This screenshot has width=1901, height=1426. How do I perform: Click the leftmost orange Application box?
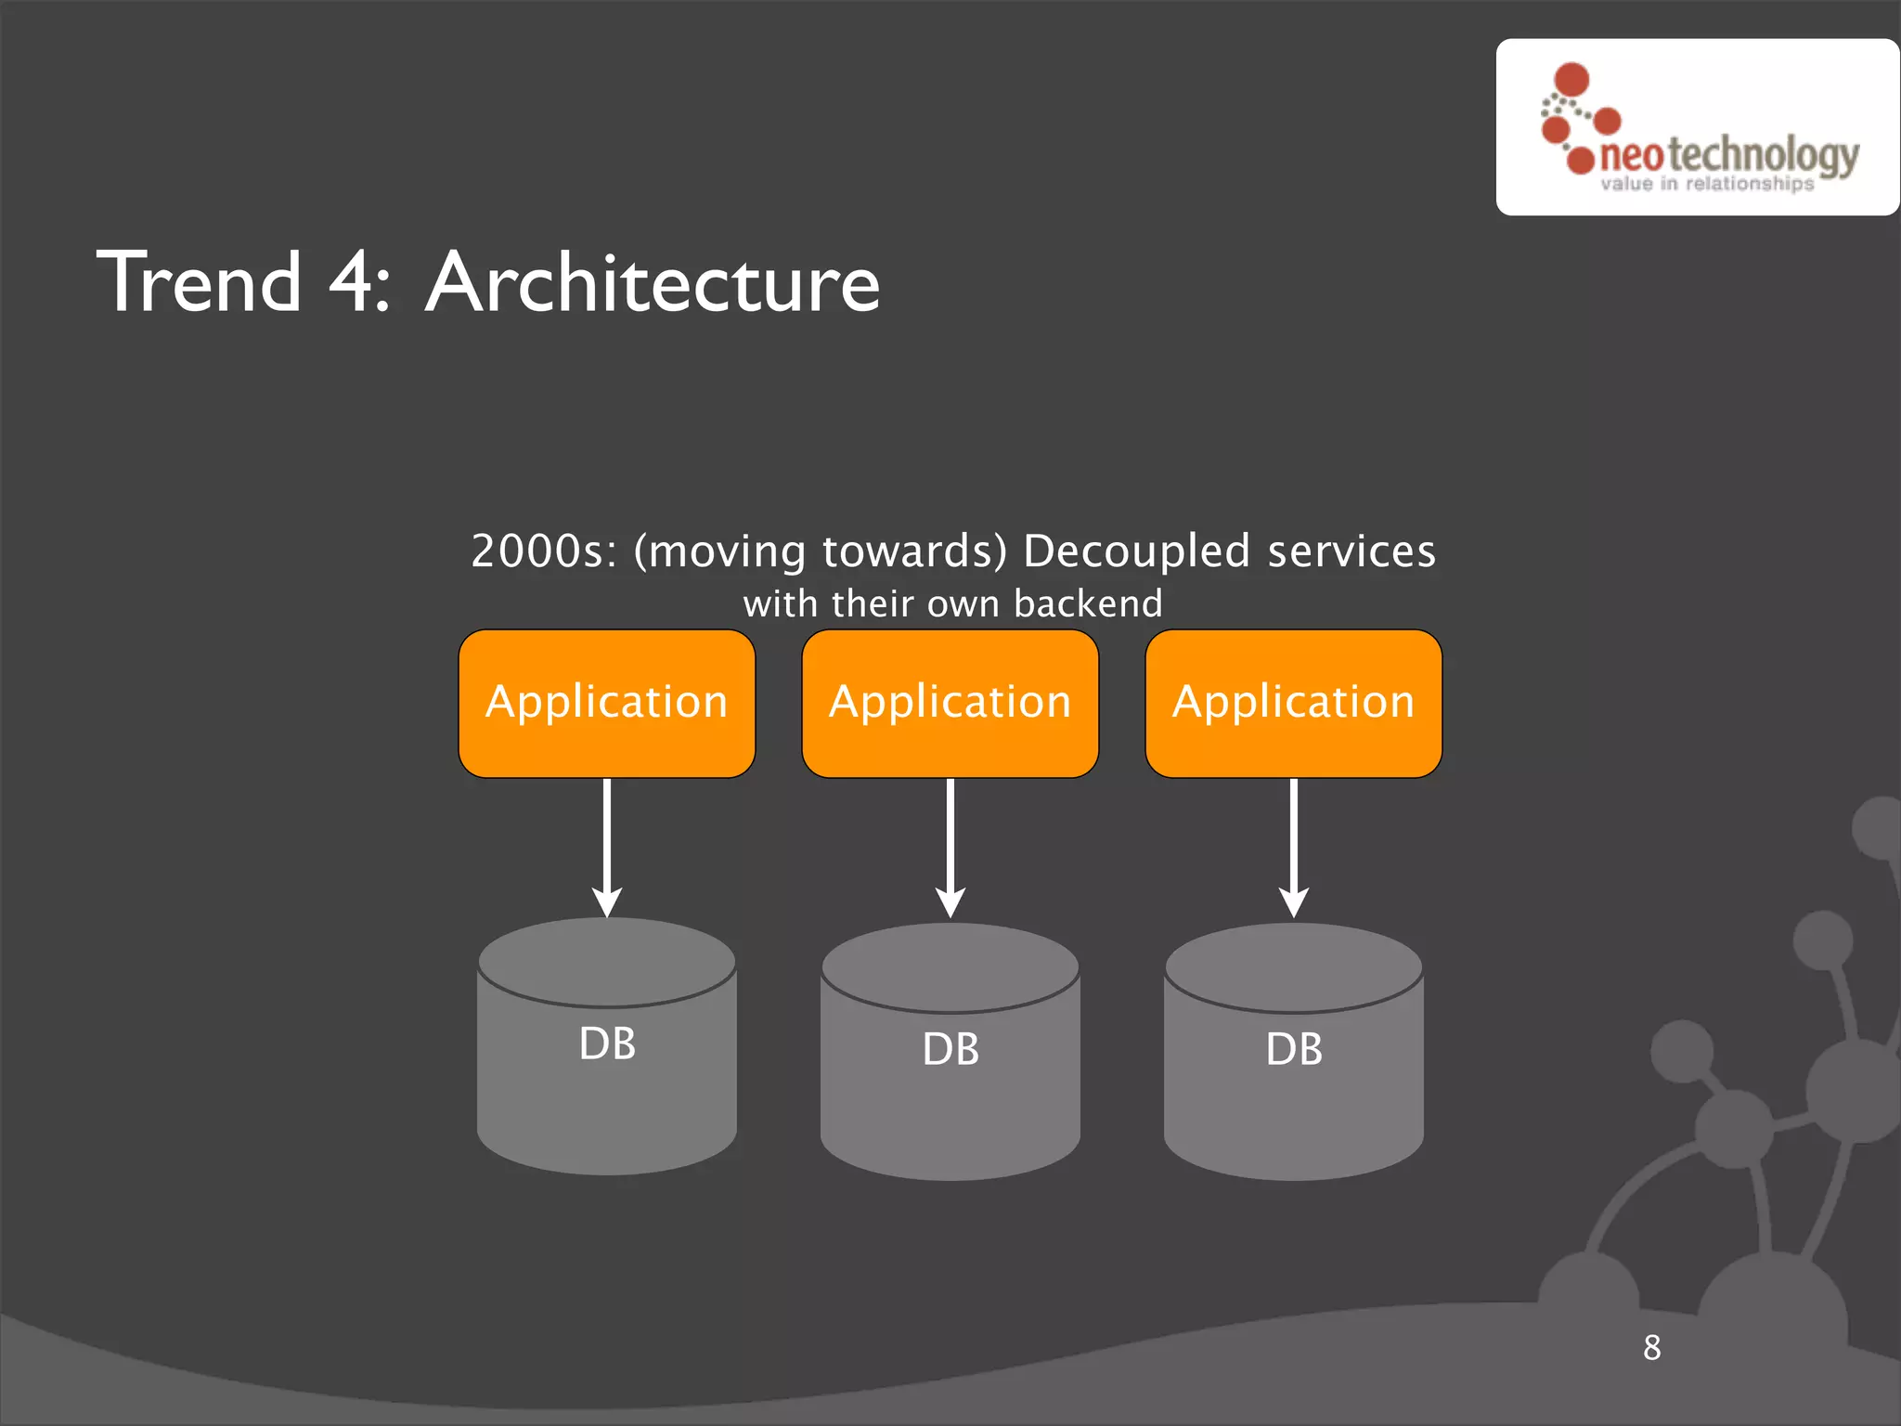[606, 703]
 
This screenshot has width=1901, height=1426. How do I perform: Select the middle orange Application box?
[950, 703]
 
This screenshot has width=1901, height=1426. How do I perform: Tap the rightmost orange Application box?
[1293, 703]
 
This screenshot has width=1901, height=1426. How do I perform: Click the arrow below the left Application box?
[607, 847]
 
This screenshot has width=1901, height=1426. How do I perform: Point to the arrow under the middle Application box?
[950, 847]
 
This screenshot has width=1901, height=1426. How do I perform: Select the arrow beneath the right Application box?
[1294, 847]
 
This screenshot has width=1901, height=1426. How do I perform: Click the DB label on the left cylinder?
[607, 1044]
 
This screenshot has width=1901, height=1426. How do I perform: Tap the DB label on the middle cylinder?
[950, 1049]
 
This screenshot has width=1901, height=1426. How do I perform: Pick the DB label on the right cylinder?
[1294, 1049]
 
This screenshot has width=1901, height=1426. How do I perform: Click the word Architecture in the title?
[653, 282]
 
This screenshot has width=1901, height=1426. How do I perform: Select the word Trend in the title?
[200, 282]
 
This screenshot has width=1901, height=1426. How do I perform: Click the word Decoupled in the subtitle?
[1137, 551]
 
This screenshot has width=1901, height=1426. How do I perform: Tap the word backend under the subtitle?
[1088, 603]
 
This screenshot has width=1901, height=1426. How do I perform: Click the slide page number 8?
[1651, 1347]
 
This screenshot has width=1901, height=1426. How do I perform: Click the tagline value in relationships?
[1706, 184]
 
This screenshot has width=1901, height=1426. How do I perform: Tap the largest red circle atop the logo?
[1571, 79]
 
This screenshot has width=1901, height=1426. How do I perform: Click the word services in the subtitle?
[1351, 551]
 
